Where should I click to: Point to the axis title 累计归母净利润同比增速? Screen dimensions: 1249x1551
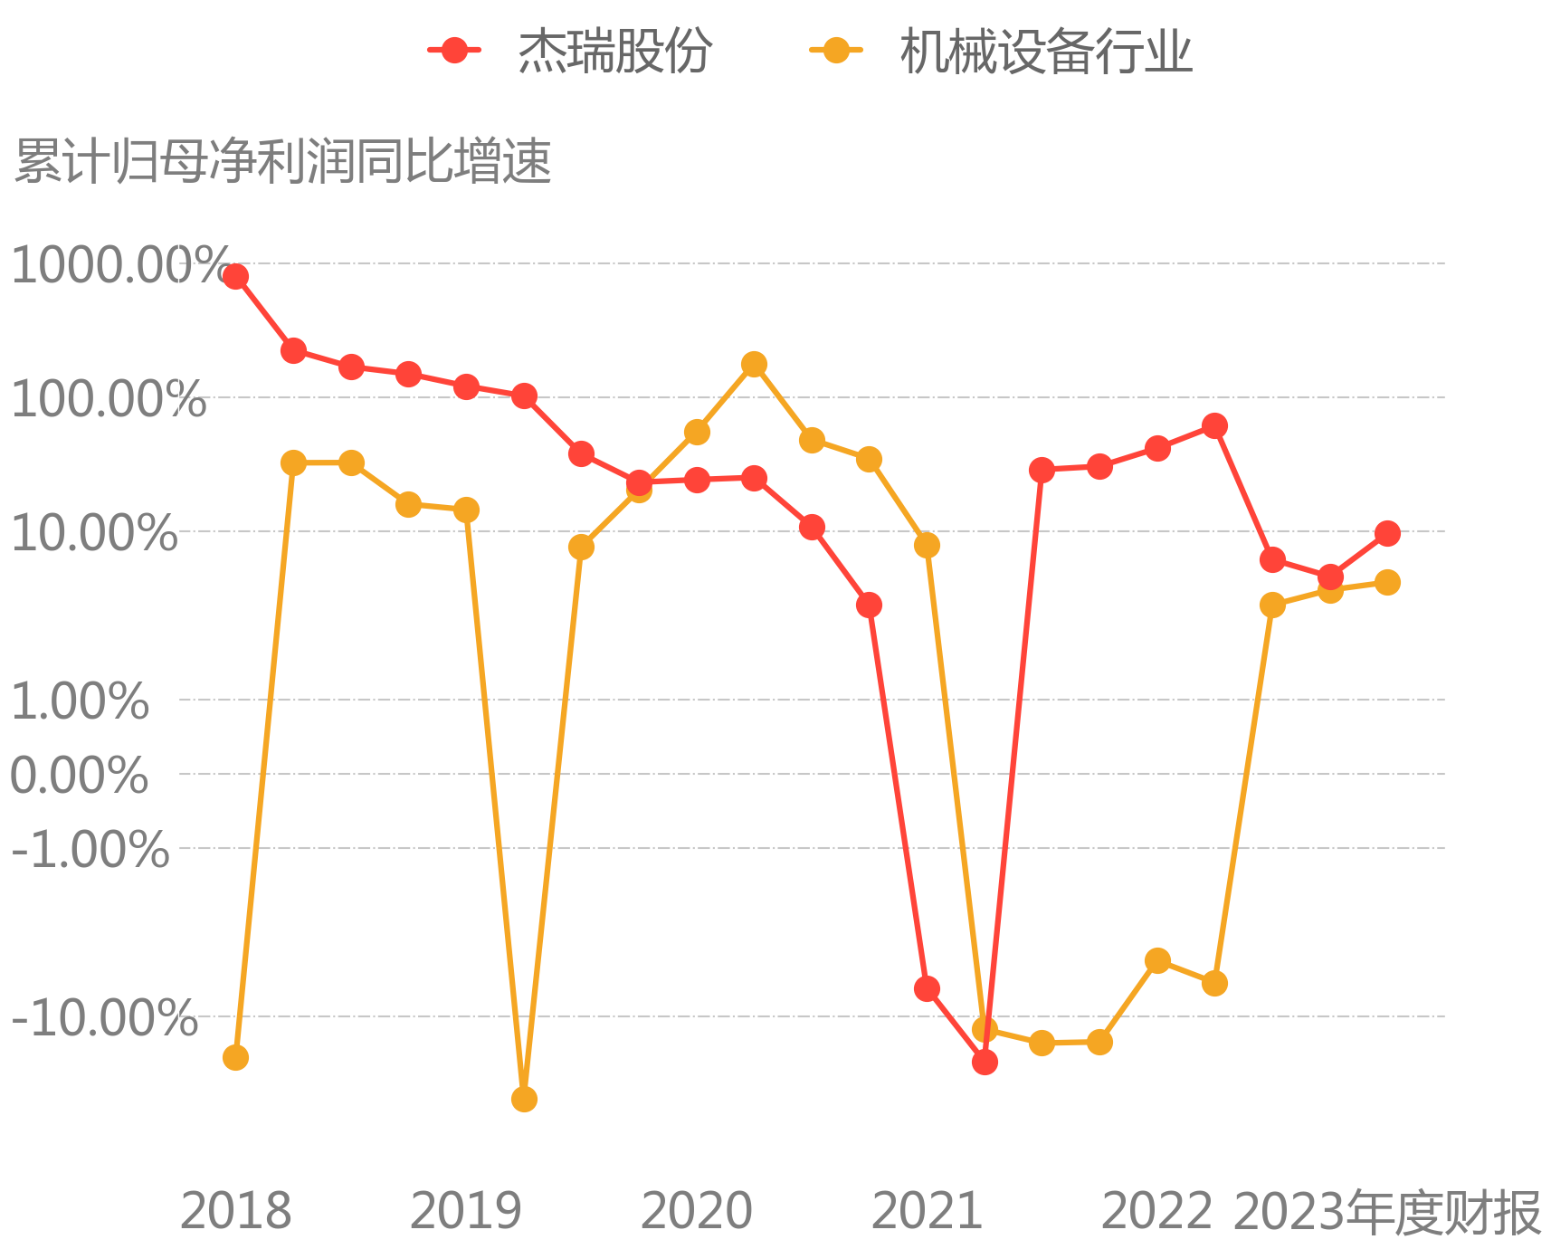point(283,162)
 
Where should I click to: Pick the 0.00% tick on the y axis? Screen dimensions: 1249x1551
point(80,776)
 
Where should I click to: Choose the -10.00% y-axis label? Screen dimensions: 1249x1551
point(104,1018)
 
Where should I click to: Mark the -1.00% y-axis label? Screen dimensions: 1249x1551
point(90,850)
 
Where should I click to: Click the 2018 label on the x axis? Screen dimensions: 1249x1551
point(235,1211)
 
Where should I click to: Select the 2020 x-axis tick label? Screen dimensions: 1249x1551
point(696,1211)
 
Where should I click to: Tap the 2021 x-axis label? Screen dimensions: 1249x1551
point(927,1211)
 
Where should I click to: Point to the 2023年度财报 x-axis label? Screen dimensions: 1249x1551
point(1387,1213)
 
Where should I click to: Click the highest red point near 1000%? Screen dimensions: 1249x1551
point(235,276)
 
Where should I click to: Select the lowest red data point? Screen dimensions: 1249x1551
point(985,1062)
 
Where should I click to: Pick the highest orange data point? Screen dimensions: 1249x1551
point(754,365)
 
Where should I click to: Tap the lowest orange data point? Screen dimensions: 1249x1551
point(524,1099)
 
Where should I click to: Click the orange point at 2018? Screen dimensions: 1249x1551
point(235,1057)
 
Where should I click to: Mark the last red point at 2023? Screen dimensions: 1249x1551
point(1387,533)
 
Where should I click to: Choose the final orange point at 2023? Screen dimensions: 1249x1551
point(1387,582)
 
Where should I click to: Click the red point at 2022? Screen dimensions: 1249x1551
point(1157,448)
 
